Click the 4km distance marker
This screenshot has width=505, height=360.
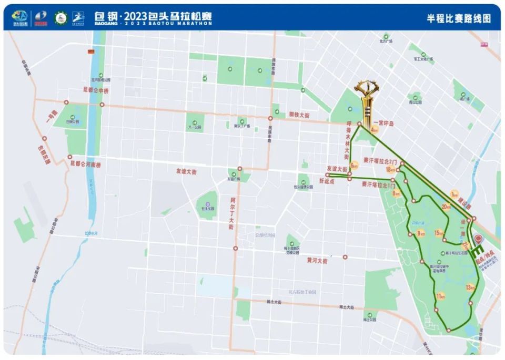(x=375, y=128)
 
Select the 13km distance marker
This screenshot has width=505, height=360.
(x=470, y=287)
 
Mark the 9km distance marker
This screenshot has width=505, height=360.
(x=421, y=233)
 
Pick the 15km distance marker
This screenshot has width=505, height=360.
(x=439, y=232)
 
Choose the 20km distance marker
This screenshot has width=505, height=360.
(x=446, y=207)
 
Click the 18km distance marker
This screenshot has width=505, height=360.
(x=390, y=170)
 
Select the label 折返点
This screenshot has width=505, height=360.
(x=327, y=180)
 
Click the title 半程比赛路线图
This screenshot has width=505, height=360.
(x=459, y=18)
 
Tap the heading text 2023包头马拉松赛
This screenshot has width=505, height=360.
(x=158, y=15)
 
